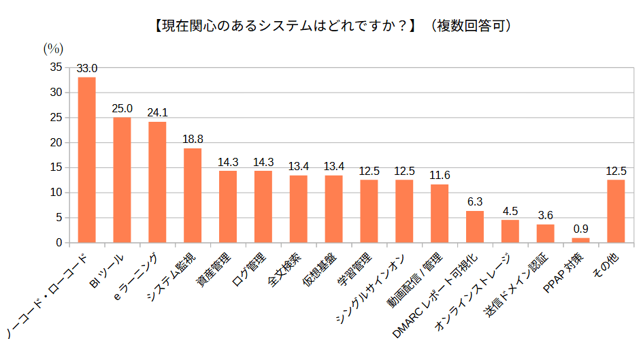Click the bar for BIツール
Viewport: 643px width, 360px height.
(x=122, y=180)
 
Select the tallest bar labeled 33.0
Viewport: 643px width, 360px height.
(x=86, y=159)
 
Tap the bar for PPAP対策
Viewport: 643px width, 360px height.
(x=580, y=240)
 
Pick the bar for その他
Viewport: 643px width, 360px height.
(x=616, y=211)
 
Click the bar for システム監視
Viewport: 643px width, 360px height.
(x=193, y=195)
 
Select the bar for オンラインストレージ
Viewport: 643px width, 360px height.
(x=510, y=231)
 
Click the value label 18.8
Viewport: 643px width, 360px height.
(x=193, y=139)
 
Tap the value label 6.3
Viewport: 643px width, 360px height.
(x=475, y=202)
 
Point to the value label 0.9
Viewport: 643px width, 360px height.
(x=580, y=229)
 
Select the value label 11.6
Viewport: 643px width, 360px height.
(x=440, y=176)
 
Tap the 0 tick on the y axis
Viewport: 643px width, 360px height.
(x=59, y=243)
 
